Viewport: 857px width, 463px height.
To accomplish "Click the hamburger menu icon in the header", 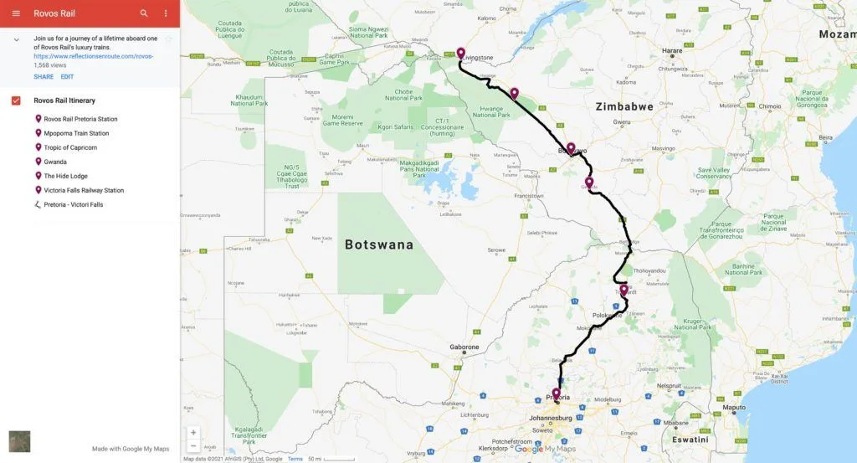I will click(16, 13).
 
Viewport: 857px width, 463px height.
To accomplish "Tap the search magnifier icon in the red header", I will click(144, 13).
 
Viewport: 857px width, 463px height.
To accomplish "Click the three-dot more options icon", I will click(166, 13).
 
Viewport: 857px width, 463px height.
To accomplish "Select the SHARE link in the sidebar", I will click(44, 76).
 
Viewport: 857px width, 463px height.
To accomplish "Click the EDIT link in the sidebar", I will click(67, 76).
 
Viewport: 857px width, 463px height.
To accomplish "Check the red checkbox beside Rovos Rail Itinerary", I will click(16, 100).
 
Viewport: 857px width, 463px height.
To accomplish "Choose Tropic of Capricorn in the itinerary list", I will click(70, 147).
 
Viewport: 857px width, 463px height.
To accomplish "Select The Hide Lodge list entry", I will click(66, 176).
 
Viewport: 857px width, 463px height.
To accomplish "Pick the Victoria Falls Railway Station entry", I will click(84, 190).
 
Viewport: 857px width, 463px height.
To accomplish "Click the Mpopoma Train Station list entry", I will click(76, 133).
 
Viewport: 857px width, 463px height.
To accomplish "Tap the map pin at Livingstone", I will click(460, 54).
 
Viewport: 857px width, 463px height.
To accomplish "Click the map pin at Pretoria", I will click(556, 393).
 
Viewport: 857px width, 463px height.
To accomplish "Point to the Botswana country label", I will click(379, 244).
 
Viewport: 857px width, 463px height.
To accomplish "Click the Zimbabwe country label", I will click(624, 106).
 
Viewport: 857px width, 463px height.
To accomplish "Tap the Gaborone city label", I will click(464, 347).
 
